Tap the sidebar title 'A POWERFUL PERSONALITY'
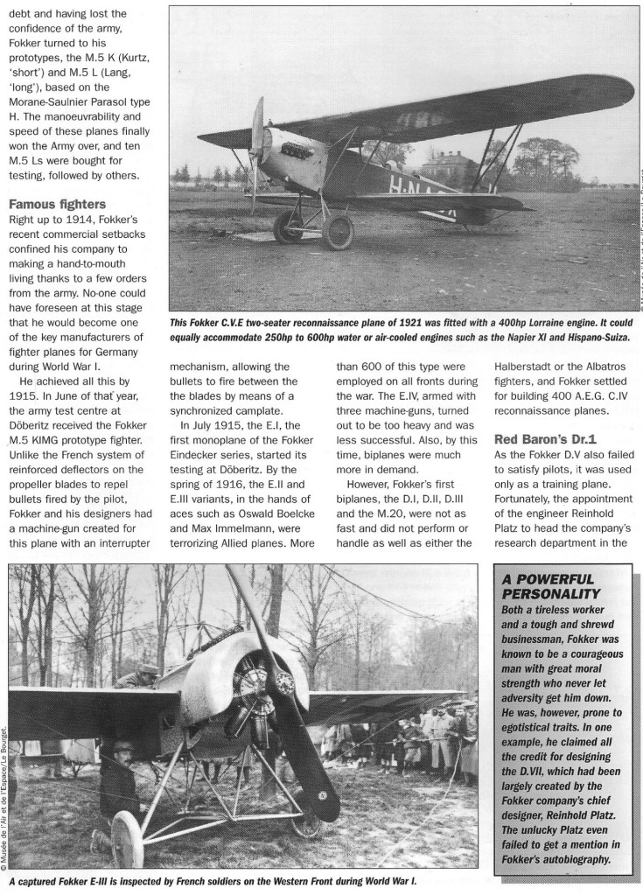pos(547,585)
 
